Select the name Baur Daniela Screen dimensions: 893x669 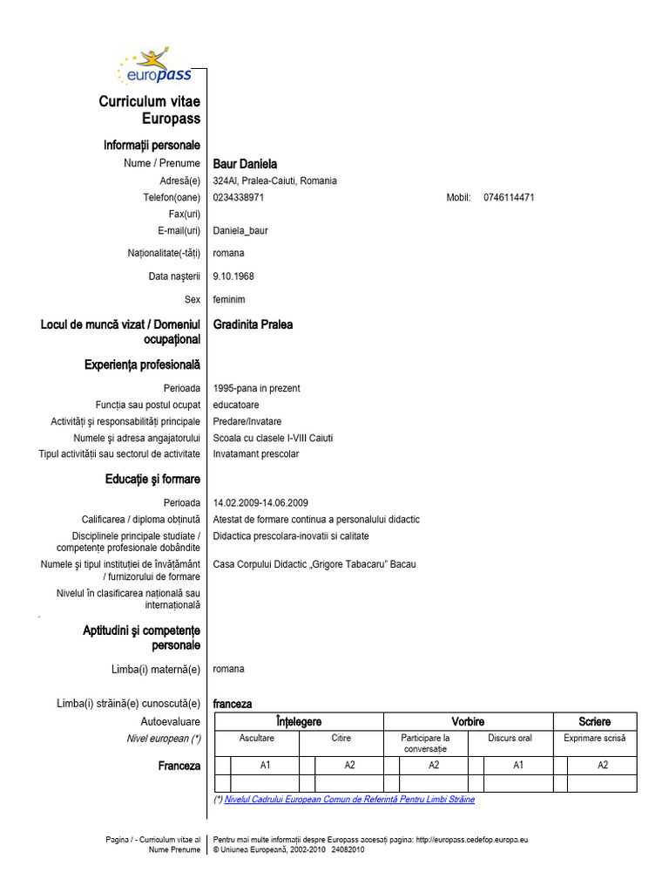coord(245,164)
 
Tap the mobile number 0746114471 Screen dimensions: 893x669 coord(509,197)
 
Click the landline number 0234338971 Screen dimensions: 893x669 coord(238,197)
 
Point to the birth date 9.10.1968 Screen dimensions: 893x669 coord(233,276)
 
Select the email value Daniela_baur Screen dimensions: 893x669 coord(240,231)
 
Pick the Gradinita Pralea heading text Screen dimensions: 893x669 coord(253,324)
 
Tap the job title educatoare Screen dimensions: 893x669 coord(235,405)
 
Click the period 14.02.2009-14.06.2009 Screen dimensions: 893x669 coord(260,503)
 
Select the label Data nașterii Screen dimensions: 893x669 coord(174,276)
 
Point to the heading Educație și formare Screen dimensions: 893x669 coord(152,479)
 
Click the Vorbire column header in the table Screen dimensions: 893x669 coord(468,722)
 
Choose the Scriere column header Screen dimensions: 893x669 coord(594,722)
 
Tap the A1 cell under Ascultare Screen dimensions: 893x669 coord(266,765)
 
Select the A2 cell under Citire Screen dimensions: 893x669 coord(349,765)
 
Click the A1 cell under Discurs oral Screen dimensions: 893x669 coord(517,765)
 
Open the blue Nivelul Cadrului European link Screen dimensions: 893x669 coord(349,799)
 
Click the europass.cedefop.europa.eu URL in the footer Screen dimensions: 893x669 coord(472,839)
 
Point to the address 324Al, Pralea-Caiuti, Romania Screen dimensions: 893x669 coord(274,181)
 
